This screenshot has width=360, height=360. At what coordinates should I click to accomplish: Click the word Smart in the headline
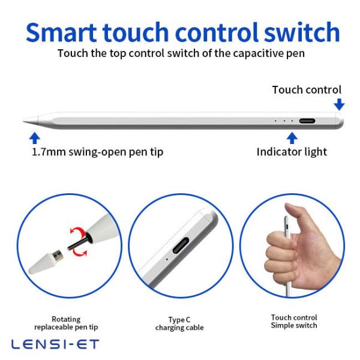(x=61, y=32)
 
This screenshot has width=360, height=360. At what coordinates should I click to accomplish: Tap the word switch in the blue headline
(x=301, y=32)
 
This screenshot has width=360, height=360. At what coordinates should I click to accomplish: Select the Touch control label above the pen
(x=307, y=89)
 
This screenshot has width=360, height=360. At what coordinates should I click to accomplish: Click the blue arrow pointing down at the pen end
(x=339, y=104)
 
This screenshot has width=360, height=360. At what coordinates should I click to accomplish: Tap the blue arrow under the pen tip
(x=35, y=138)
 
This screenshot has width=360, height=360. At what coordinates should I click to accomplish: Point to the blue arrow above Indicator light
(x=292, y=138)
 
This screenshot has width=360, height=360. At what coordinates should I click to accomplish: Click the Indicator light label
(x=292, y=152)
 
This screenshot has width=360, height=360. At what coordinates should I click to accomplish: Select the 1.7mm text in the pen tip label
(x=49, y=152)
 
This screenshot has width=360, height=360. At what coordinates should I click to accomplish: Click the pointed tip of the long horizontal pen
(x=23, y=121)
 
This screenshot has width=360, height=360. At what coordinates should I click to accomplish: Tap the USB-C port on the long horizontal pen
(x=307, y=121)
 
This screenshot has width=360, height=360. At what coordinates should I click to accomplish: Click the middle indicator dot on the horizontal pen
(x=284, y=121)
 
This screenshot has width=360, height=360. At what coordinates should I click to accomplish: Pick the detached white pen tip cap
(x=46, y=262)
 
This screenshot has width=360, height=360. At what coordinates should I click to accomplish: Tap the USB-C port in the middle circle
(x=181, y=245)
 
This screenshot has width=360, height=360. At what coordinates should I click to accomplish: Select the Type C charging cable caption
(x=179, y=323)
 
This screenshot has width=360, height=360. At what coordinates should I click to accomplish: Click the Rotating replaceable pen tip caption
(x=66, y=323)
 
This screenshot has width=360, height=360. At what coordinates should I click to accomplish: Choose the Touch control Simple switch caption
(x=294, y=322)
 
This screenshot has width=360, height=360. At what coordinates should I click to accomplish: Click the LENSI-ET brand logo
(x=55, y=344)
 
